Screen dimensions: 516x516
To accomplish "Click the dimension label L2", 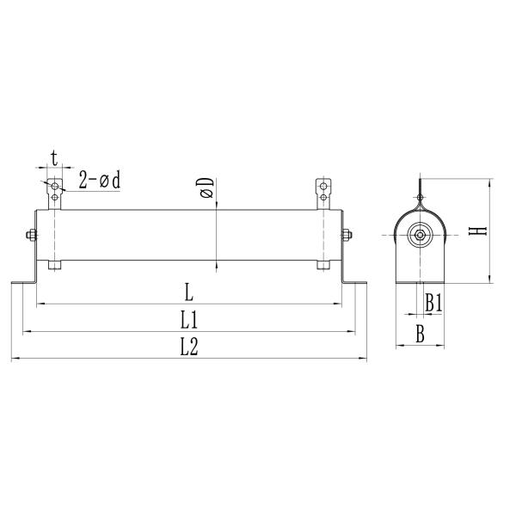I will (x=189, y=347).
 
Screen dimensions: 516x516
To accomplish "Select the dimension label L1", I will (x=189, y=320).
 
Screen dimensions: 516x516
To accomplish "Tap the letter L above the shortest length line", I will (x=188, y=292).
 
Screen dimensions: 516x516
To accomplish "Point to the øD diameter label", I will (x=206, y=190).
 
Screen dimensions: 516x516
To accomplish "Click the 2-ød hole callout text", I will (x=99, y=180).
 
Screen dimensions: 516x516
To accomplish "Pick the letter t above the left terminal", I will (x=54, y=158).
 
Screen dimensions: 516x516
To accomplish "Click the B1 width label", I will (x=433, y=302).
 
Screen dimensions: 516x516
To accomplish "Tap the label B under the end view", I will (x=420, y=335).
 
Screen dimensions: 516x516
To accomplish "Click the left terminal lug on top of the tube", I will (x=55, y=193).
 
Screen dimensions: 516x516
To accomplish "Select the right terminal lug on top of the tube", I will (x=323, y=193).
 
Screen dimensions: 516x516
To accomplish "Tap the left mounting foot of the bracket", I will (x=21, y=282).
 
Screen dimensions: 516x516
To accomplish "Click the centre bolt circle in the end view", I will (x=420, y=236).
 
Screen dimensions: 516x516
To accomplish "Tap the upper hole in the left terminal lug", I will (x=55, y=186).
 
